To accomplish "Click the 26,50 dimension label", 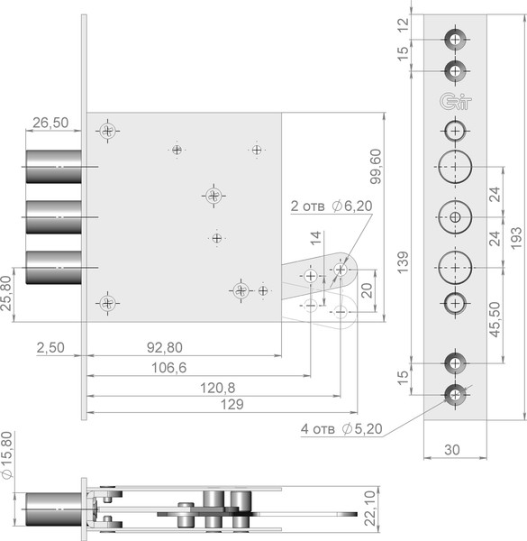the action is tap(50, 123).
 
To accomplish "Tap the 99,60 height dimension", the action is tap(376, 166).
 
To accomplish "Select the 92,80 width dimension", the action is tap(165, 347).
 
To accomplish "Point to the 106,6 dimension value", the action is tap(168, 368).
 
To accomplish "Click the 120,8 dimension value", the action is tap(217, 388).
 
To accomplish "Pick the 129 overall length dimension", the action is tap(232, 404).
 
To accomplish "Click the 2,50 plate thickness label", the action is tap(50, 347).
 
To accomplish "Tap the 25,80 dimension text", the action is tap(6, 293).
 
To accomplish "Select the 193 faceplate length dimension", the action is tap(515, 238).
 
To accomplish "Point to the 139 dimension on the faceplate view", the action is tap(402, 262).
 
